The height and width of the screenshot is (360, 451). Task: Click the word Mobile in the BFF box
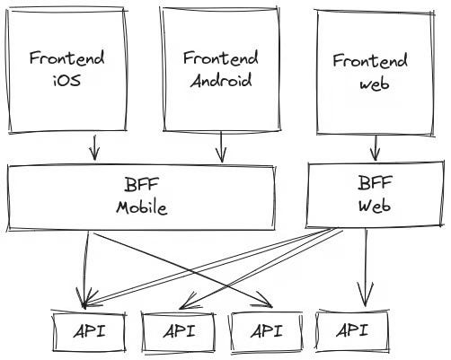point(142,206)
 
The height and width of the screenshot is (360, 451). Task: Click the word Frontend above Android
point(220,57)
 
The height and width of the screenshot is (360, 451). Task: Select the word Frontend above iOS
point(66,59)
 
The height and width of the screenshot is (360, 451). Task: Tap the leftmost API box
point(88,331)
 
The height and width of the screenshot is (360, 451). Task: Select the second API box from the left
point(178,332)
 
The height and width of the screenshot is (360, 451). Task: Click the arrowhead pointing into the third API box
point(265,302)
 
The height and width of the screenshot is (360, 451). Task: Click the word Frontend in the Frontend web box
point(370,61)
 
